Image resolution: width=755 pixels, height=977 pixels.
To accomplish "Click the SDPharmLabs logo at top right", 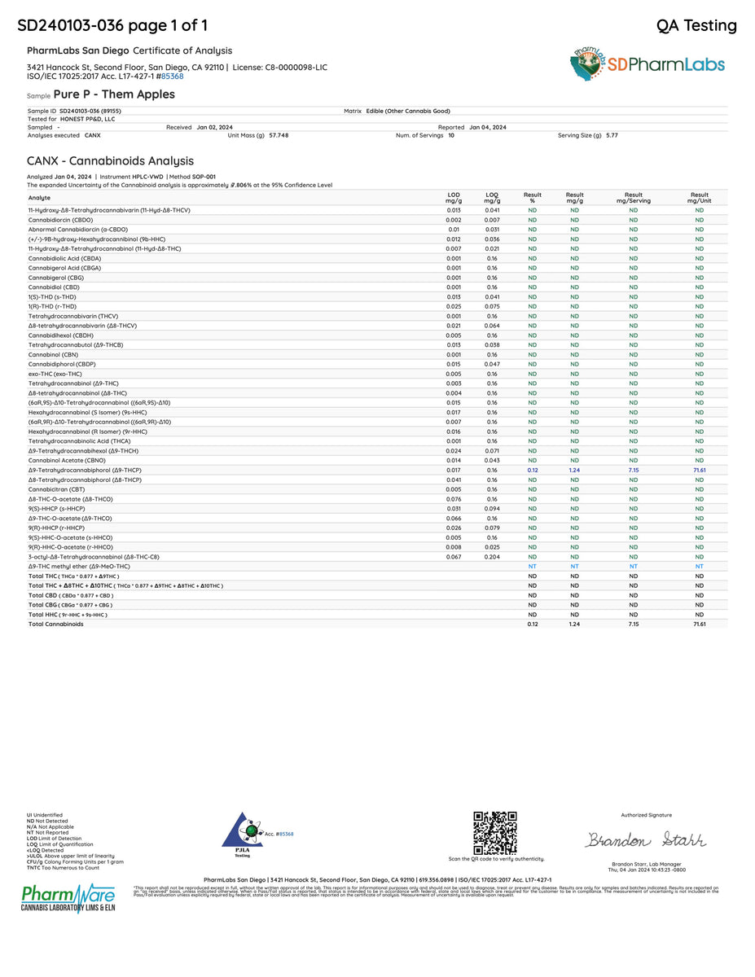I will click(x=647, y=64).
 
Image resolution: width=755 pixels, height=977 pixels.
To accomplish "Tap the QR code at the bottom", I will click(x=495, y=833).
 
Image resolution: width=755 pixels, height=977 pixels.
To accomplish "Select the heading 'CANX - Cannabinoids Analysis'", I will click(x=110, y=161).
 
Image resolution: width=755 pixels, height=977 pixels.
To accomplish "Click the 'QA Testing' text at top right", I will click(x=696, y=25).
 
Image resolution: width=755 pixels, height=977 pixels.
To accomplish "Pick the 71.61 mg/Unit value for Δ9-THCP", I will click(x=699, y=471).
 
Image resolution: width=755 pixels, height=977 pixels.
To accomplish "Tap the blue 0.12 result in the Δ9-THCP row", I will click(x=532, y=471).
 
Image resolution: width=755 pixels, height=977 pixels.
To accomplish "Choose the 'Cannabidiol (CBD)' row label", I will click(x=54, y=287).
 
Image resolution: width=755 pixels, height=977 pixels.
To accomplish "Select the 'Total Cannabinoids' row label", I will click(x=55, y=624).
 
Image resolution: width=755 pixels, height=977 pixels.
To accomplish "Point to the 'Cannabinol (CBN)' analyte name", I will click(x=54, y=355).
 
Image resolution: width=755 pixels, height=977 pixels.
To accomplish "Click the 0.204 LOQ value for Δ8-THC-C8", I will click(x=492, y=557).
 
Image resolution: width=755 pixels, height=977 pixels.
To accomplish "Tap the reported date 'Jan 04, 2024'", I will click(x=487, y=127).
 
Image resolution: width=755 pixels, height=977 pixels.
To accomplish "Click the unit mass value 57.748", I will click(x=279, y=135).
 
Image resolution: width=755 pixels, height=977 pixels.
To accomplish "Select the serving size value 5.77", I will click(x=612, y=135).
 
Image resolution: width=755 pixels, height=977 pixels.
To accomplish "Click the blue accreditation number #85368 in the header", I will click(x=171, y=76).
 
